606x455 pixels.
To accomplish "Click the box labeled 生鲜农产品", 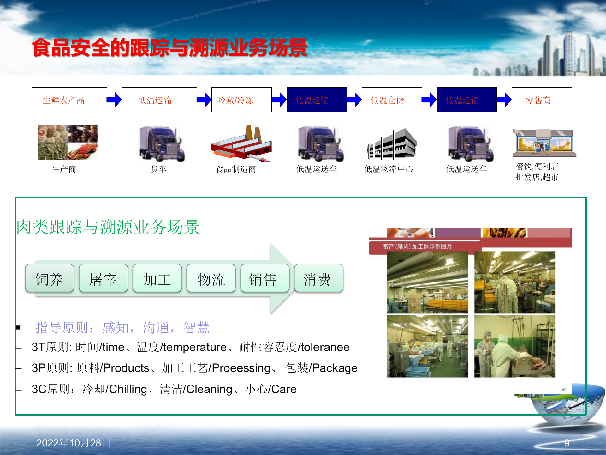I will tap(69, 100).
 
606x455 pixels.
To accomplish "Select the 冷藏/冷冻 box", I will tap(241, 100).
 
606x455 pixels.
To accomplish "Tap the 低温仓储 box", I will tap(391, 100).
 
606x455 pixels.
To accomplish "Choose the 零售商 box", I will tap(541, 100).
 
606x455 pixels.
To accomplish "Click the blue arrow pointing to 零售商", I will tap(504, 100).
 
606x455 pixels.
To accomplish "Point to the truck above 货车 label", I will tap(162, 144).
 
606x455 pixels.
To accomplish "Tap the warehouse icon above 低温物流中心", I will tap(391, 144).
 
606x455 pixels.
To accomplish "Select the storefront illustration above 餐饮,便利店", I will tap(544, 143).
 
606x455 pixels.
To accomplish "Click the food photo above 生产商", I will tap(68, 142).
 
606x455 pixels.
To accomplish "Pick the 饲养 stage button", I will tap(50, 278).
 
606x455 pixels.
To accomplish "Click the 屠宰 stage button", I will tap(103, 278).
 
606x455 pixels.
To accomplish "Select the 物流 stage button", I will tap(211, 278).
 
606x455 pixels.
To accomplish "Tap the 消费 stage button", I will tap(318, 278).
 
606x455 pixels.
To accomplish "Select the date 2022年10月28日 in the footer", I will tap(73, 443).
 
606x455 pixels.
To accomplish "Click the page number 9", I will tap(567, 443).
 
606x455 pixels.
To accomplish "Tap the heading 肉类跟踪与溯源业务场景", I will tap(108, 227).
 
